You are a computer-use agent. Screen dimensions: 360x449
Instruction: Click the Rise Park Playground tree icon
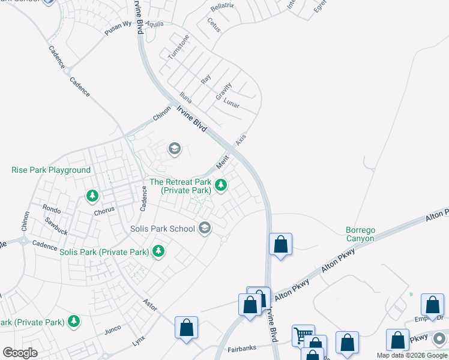[x=92, y=195]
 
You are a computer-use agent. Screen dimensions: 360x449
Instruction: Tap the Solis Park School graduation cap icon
[x=205, y=228]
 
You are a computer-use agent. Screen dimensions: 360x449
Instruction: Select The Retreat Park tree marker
[x=221, y=185]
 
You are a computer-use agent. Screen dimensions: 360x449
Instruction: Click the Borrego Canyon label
[x=360, y=234]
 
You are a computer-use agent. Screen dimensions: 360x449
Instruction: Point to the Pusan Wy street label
[x=118, y=29]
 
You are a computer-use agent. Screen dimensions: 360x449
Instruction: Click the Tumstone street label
[x=178, y=46]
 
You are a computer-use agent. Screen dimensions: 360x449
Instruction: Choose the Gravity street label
[x=223, y=91]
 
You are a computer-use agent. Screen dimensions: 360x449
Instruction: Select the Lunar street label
[x=232, y=103]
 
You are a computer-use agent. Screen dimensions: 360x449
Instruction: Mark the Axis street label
[x=241, y=139]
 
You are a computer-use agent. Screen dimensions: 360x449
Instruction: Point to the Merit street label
[x=223, y=161]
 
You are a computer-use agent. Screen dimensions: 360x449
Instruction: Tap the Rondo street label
[x=52, y=208]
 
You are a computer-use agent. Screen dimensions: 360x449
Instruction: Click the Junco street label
[x=113, y=329]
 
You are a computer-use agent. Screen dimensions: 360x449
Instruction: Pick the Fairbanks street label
[x=242, y=349]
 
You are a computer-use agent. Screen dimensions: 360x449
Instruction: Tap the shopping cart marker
[x=302, y=335]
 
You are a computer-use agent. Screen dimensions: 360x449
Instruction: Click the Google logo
[x=20, y=353]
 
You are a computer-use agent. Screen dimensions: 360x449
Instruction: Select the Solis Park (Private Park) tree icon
[x=158, y=251]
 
